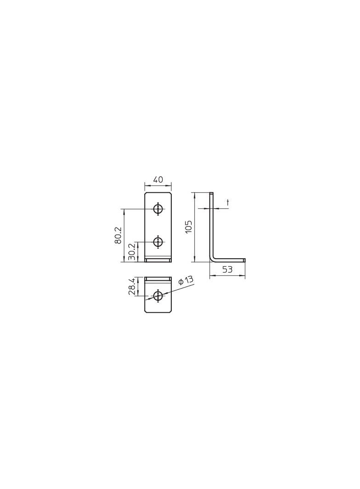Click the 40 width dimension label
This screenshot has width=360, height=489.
(158, 180)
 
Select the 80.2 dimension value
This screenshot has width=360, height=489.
(118, 235)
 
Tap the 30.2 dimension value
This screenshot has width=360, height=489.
(131, 252)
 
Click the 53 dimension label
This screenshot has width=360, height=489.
(227, 269)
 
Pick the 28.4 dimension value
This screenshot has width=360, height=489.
(131, 287)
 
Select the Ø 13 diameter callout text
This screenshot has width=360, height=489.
(186, 280)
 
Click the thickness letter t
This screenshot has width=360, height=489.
(228, 203)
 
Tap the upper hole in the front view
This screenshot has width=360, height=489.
(158, 209)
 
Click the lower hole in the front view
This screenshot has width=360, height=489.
(158, 241)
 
